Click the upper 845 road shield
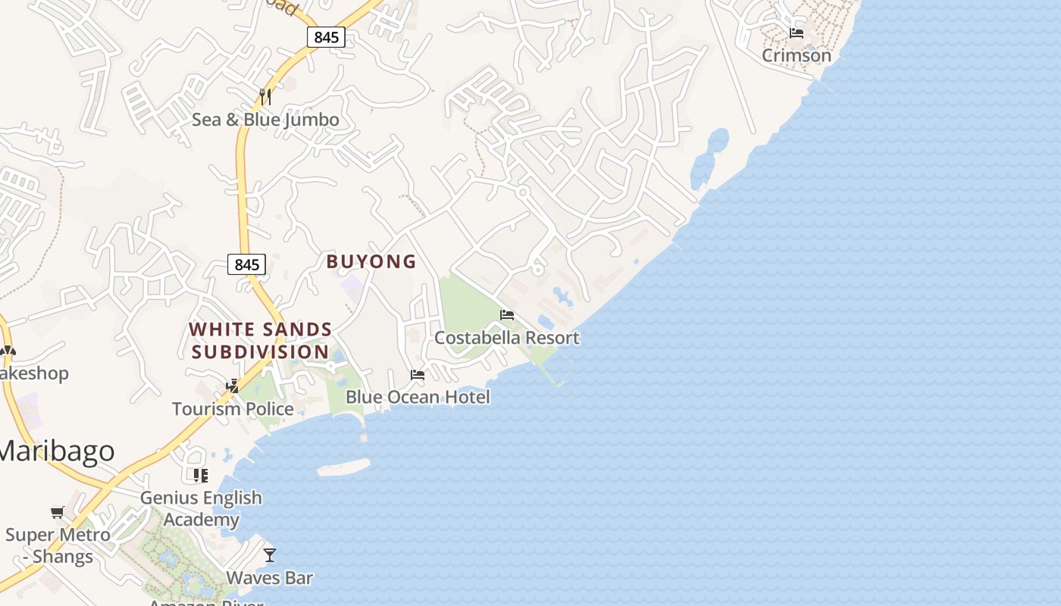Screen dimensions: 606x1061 [x=327, y=36]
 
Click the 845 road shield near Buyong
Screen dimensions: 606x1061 [x=247, y=264]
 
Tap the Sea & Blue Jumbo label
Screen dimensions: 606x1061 [x=265, y=120]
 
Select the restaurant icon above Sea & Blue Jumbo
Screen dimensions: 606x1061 [x=265, y=96]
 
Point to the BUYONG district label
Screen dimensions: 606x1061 [x=371, y=261]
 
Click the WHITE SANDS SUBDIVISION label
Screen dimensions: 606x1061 [x=260, y=341]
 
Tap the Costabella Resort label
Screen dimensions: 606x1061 [x=507, y=338]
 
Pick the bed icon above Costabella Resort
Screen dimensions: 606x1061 [x=507, y=315]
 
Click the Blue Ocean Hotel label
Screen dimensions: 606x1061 [x=418, y=397]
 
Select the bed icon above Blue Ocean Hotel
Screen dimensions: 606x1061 [x=418, y=374]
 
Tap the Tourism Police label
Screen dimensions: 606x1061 [x=233, y=409]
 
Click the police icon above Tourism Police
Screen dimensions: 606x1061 [x=233, y=386]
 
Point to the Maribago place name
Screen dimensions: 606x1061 [x=57, y=451]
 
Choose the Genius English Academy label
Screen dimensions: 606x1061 [x=201, y=508]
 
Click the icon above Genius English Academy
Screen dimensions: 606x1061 [x=201, y=476]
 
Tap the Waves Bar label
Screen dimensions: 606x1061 [x=270, y=578]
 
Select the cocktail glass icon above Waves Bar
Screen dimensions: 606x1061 [x=270, y=555]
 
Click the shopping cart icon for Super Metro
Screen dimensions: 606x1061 [x=58, y=513]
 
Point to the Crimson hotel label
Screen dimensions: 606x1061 [x=797, y=55]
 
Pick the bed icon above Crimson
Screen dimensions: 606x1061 [x=797, y=33]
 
